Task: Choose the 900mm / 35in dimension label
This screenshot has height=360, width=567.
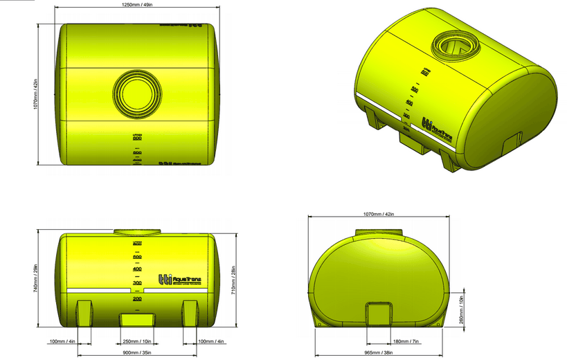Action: click(x=138, y=354)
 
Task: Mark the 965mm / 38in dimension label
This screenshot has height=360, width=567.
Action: click(x=379, y=354)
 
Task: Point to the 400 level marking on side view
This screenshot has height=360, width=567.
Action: click(x=137, y=269)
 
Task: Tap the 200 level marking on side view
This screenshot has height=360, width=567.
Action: click(x=137, y=298)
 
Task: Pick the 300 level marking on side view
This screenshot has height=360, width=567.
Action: click(x=137, y=283)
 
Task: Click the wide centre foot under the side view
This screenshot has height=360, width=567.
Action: click(x=138, y=320)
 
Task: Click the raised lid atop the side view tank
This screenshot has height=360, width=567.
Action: click(x=137, y=233)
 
